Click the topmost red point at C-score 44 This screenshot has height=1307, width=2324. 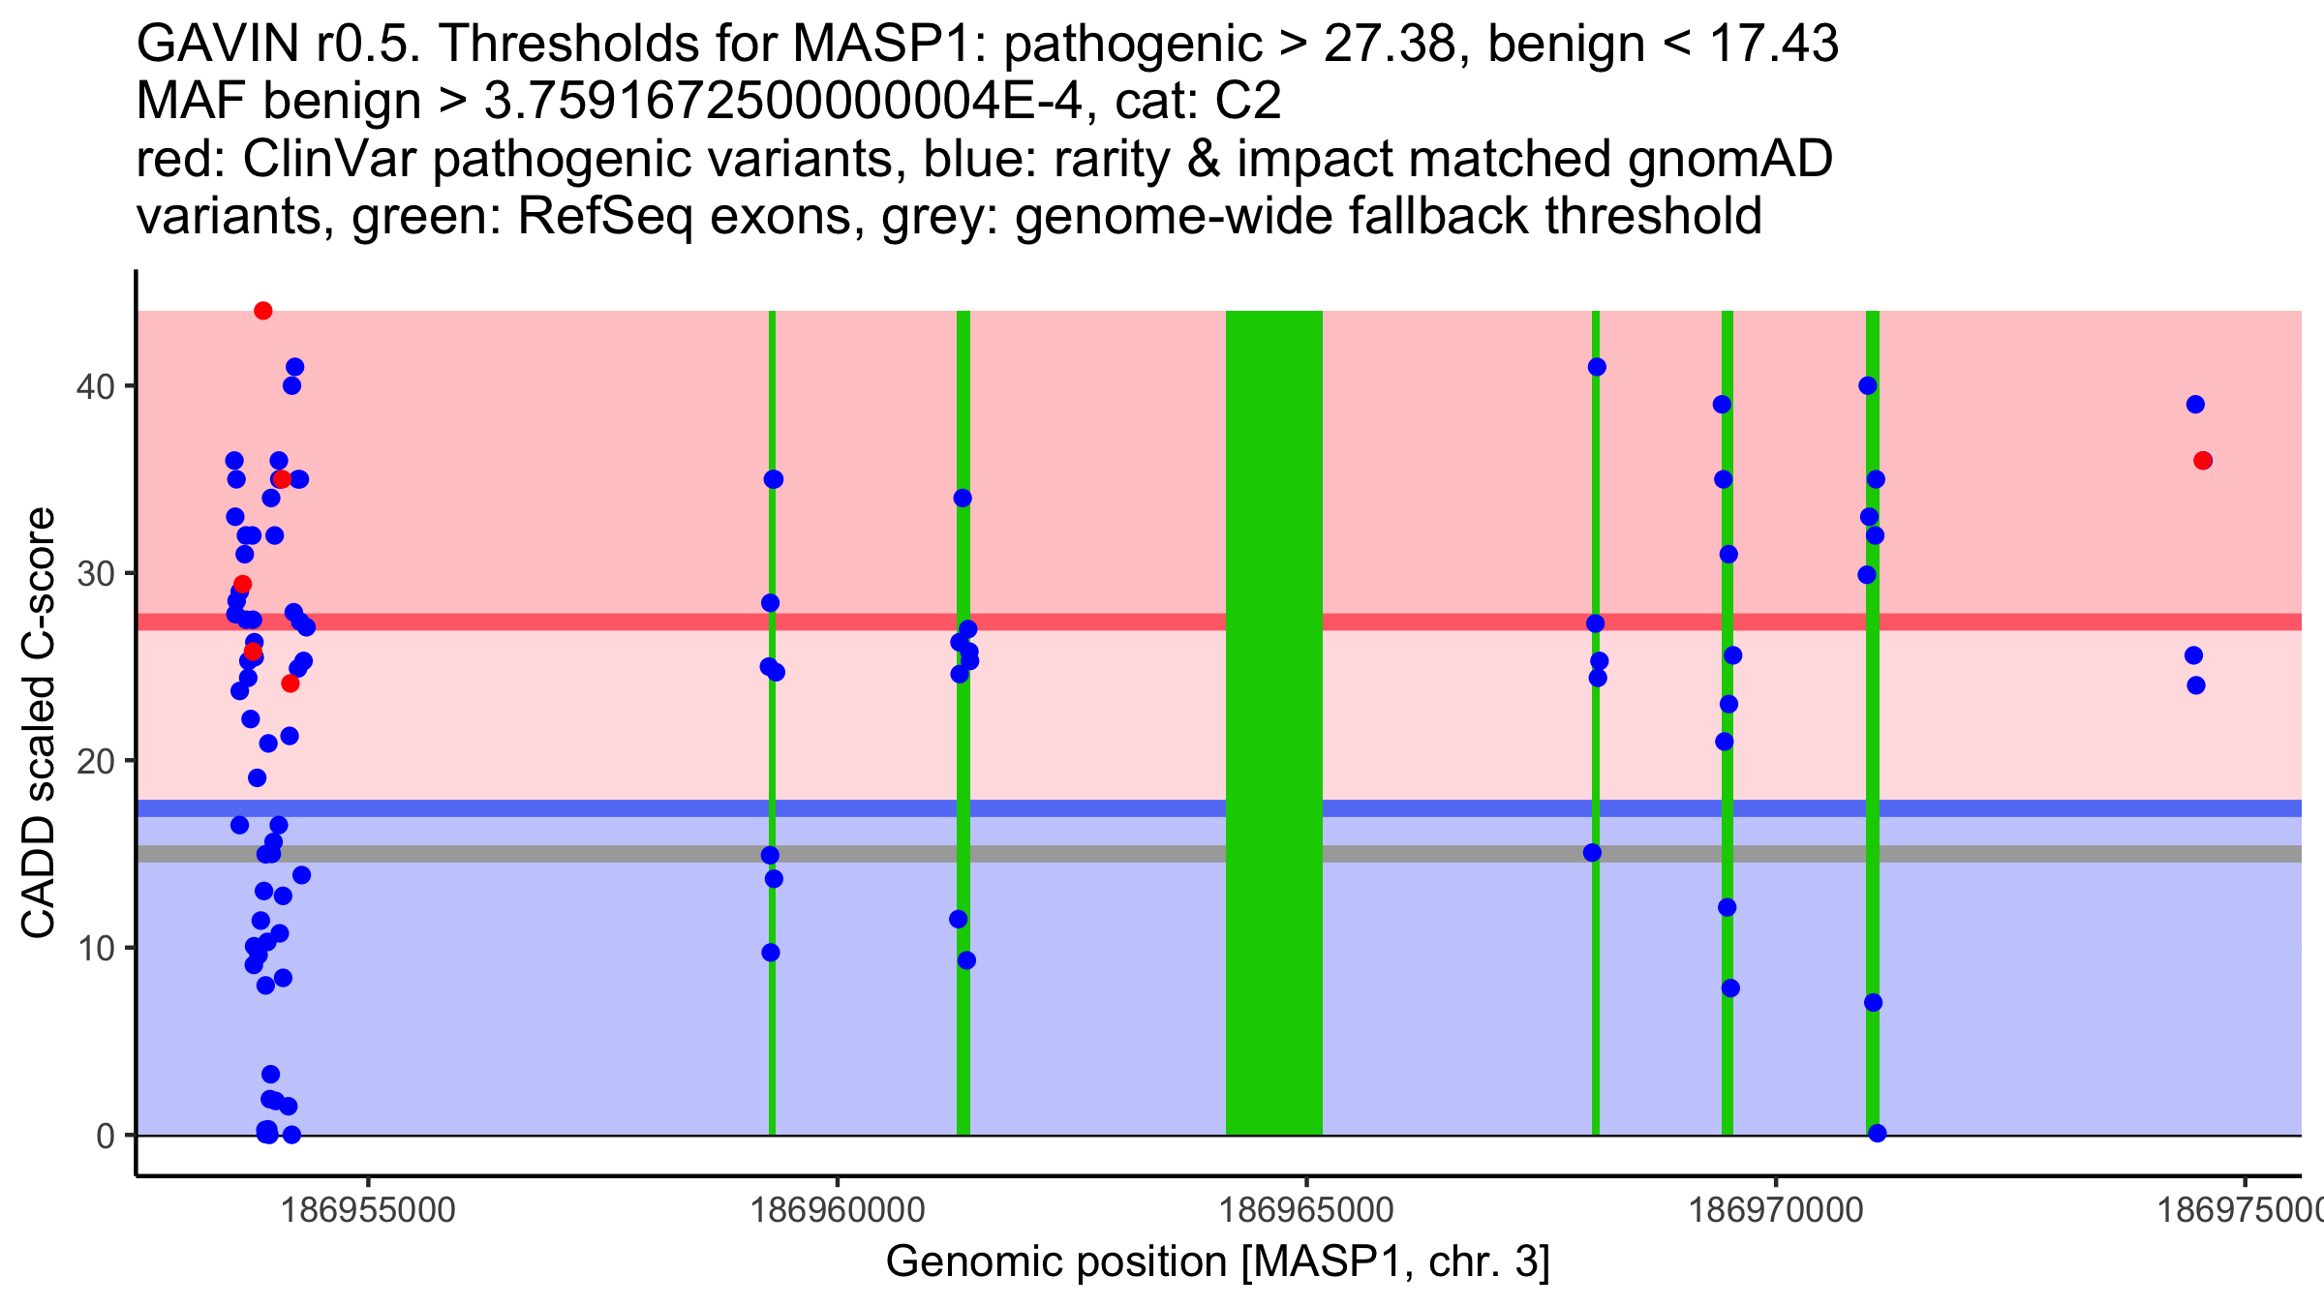coord(262,311)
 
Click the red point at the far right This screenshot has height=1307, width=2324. coord(2203,461)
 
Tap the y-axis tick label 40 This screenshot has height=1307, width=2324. coord(95,386)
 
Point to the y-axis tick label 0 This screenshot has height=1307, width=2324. coord(106,1136)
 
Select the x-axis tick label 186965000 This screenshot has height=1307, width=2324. coord(1306,1210)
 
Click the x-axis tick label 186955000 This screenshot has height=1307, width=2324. coord(367,1210)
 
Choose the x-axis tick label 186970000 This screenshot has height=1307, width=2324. coord(1776,1210)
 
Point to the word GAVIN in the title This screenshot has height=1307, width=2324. coord(218,45)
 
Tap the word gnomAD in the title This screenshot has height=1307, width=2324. coord(1729,160)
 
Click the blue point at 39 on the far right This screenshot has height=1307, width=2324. coord(2195,405)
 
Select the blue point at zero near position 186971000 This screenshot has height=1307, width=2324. coord(1877,1134)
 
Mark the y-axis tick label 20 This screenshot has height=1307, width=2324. coord(95,761)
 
